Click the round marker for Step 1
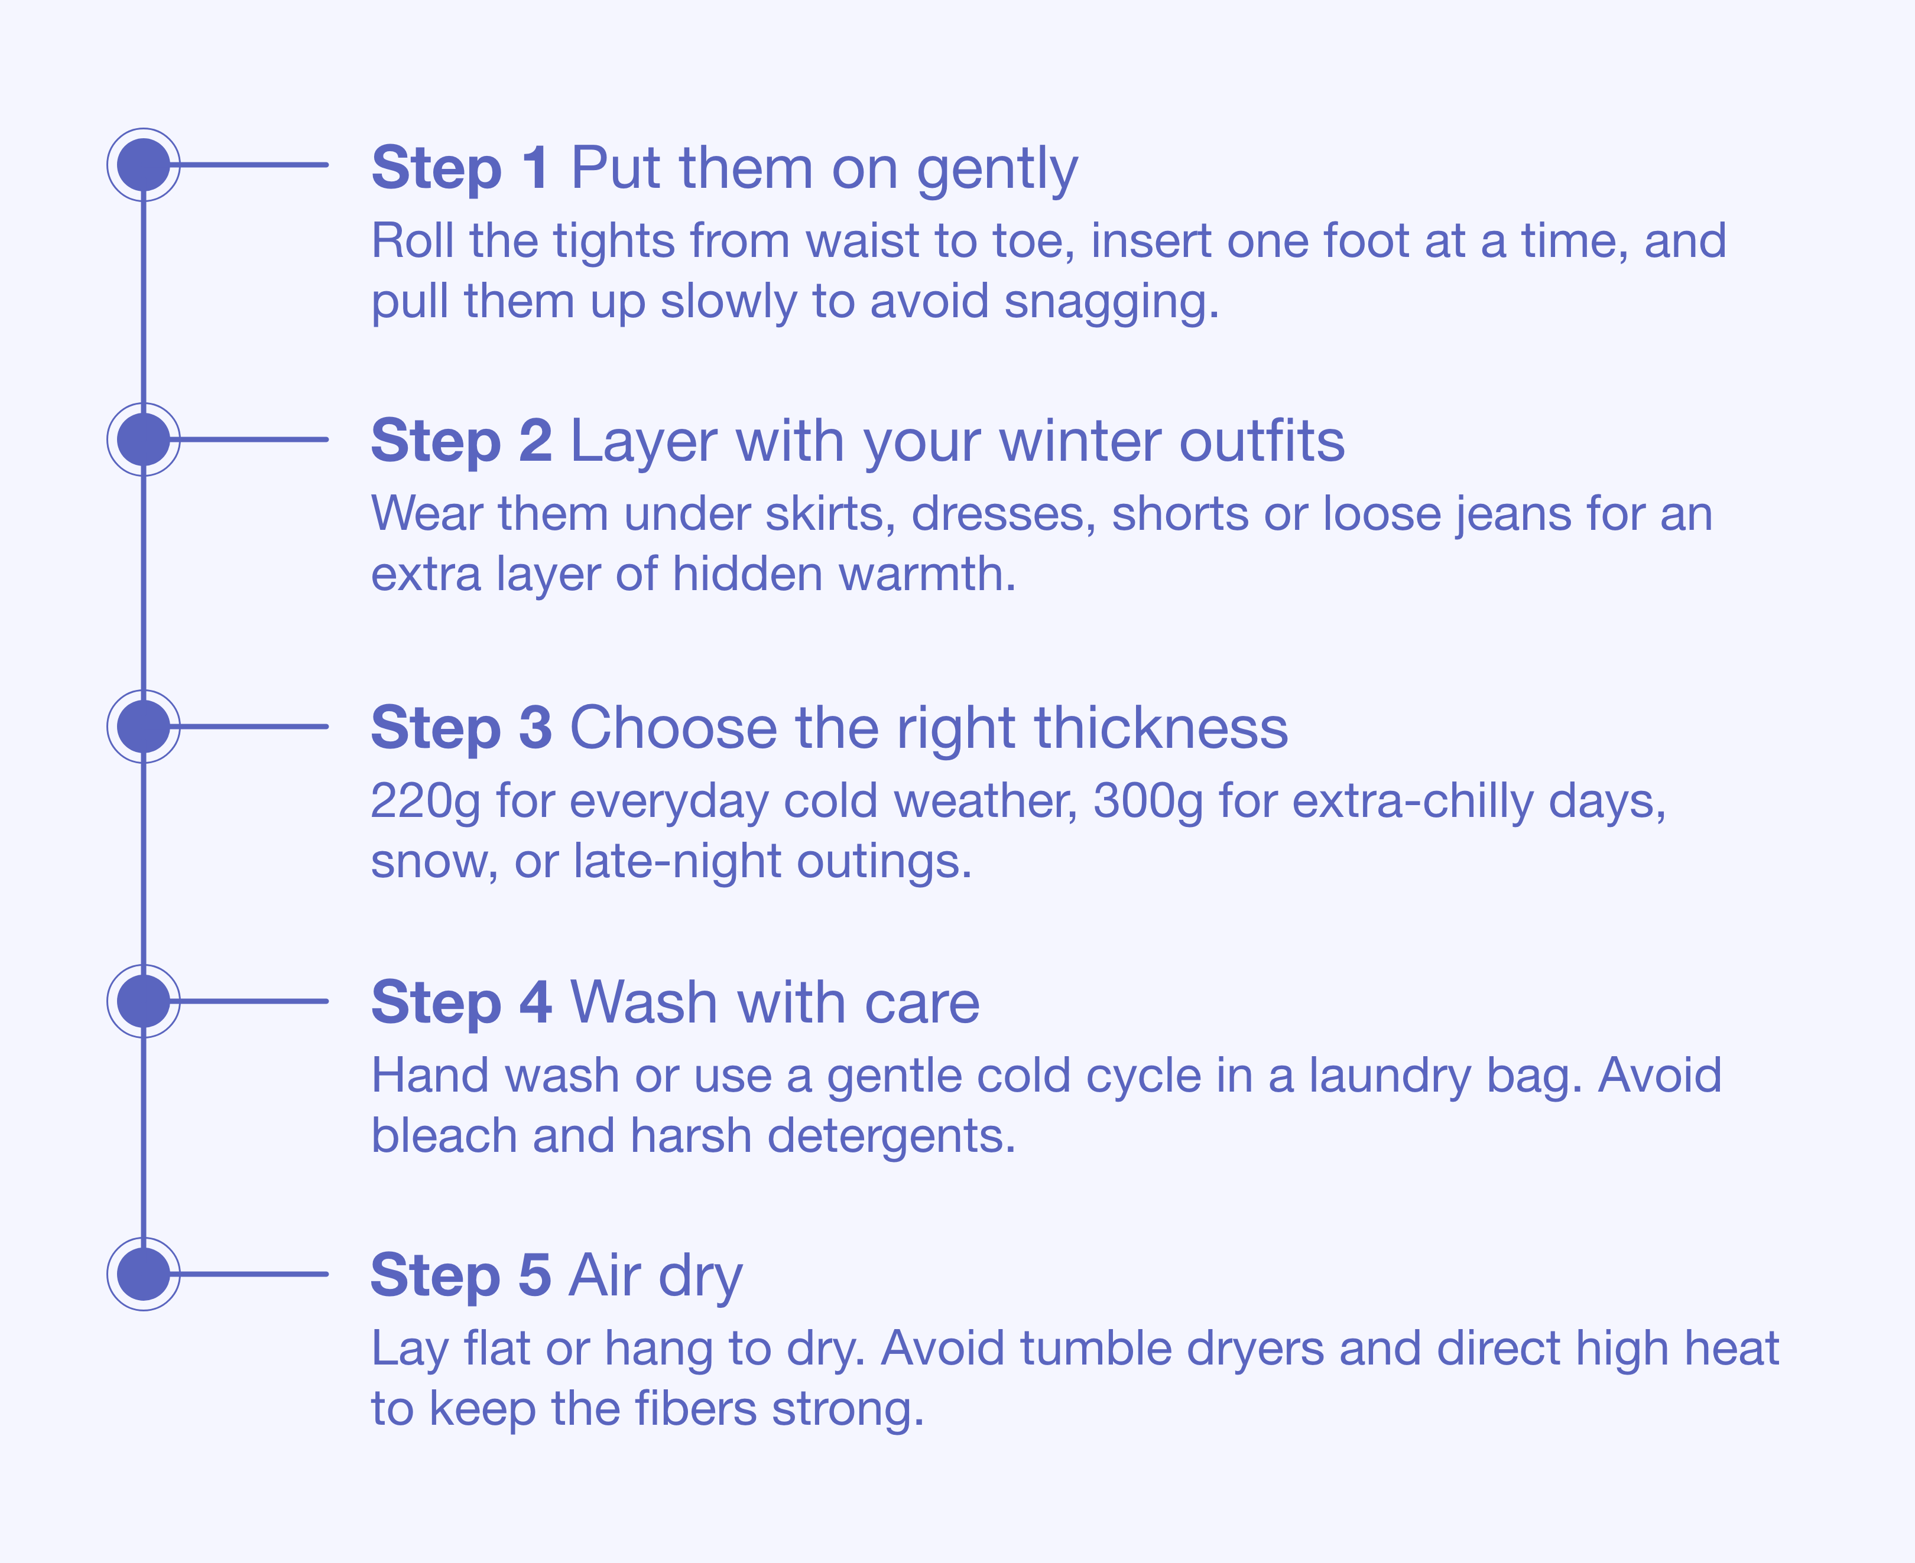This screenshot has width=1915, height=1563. (x=143, y=165)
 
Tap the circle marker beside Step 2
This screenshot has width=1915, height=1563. (x=143, y=439)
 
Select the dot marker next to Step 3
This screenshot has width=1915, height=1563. (x=143, y=727)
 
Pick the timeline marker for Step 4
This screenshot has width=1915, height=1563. (x=143, y=1001)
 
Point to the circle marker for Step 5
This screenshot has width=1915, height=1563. (x=143, y=1274)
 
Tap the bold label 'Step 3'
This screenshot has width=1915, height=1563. (x=461, y=728)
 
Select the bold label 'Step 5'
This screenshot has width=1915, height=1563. (x=461, y=1276)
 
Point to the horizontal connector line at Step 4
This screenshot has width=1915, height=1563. (x=253, y=1001)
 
